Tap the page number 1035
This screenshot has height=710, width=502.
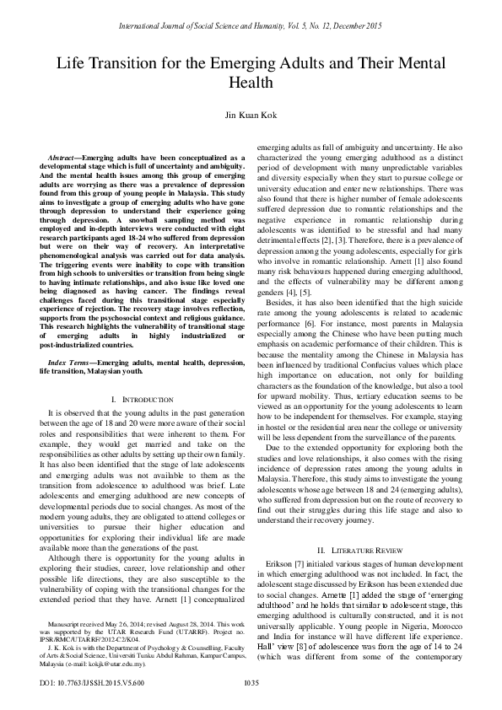point(251,682)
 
